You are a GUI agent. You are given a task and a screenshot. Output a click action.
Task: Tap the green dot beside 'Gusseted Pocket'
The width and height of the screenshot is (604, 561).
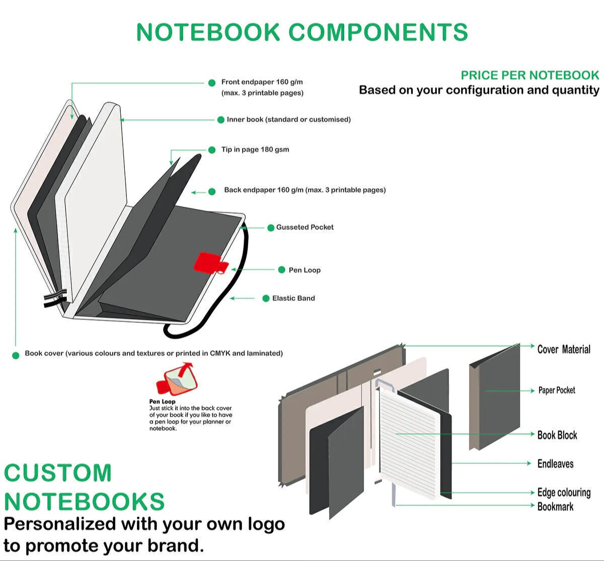271,228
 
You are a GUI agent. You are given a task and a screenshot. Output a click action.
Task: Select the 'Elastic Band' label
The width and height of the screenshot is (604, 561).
293,298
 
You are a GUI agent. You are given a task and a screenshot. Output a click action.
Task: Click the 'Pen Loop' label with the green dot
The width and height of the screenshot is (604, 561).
305,270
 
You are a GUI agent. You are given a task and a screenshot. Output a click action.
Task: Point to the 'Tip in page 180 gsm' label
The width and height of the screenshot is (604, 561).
255,149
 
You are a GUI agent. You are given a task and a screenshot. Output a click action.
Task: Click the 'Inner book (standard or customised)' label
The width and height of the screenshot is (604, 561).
288,120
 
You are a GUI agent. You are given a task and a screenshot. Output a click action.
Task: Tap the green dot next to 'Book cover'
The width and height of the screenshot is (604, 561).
16,355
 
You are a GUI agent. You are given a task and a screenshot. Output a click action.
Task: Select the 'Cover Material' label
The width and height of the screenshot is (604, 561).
563,349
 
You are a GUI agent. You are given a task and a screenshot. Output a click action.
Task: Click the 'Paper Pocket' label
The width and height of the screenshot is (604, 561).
557,390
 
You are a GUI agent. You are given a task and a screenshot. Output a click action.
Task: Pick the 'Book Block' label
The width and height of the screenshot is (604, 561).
557,435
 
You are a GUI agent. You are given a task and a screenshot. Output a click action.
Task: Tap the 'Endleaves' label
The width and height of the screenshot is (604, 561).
555,464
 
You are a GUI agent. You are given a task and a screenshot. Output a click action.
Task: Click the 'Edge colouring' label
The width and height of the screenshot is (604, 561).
564,493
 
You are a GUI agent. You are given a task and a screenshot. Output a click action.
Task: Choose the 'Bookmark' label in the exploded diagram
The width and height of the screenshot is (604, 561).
555,507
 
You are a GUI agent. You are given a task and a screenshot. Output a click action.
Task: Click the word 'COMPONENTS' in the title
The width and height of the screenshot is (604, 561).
378,32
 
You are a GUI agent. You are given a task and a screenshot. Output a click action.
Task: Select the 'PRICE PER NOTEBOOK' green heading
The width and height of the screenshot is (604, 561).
530,75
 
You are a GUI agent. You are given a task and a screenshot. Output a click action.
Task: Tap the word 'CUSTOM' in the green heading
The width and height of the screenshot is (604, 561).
58,473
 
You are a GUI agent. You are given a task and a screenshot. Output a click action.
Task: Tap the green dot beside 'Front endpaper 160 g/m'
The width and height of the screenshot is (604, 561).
212,83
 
